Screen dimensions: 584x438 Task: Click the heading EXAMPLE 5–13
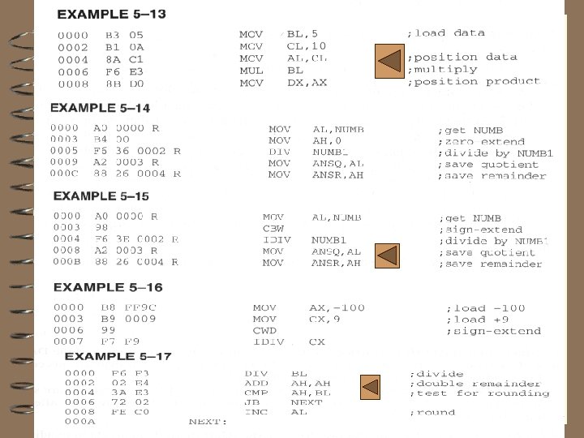(111, 15)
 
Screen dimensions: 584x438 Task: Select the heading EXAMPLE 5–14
(100, 107)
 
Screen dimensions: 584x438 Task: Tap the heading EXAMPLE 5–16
(108, 287)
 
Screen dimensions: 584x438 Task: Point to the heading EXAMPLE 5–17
(118, 356)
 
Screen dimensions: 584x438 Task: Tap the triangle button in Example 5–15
(388, 255)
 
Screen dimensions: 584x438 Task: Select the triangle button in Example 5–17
(370, 387)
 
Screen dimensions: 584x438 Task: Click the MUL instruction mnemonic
(251, 71)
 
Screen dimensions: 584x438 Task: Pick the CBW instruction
(273, 229)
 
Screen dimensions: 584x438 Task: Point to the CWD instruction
(264, 331)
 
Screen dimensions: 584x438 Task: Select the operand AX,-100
(337, 308)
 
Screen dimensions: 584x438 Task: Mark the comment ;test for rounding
(479, 393)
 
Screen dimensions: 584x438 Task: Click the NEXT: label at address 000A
(207, 422)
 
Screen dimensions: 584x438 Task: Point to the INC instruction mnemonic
(255, 412)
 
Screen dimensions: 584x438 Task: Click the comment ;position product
(474, 82)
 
